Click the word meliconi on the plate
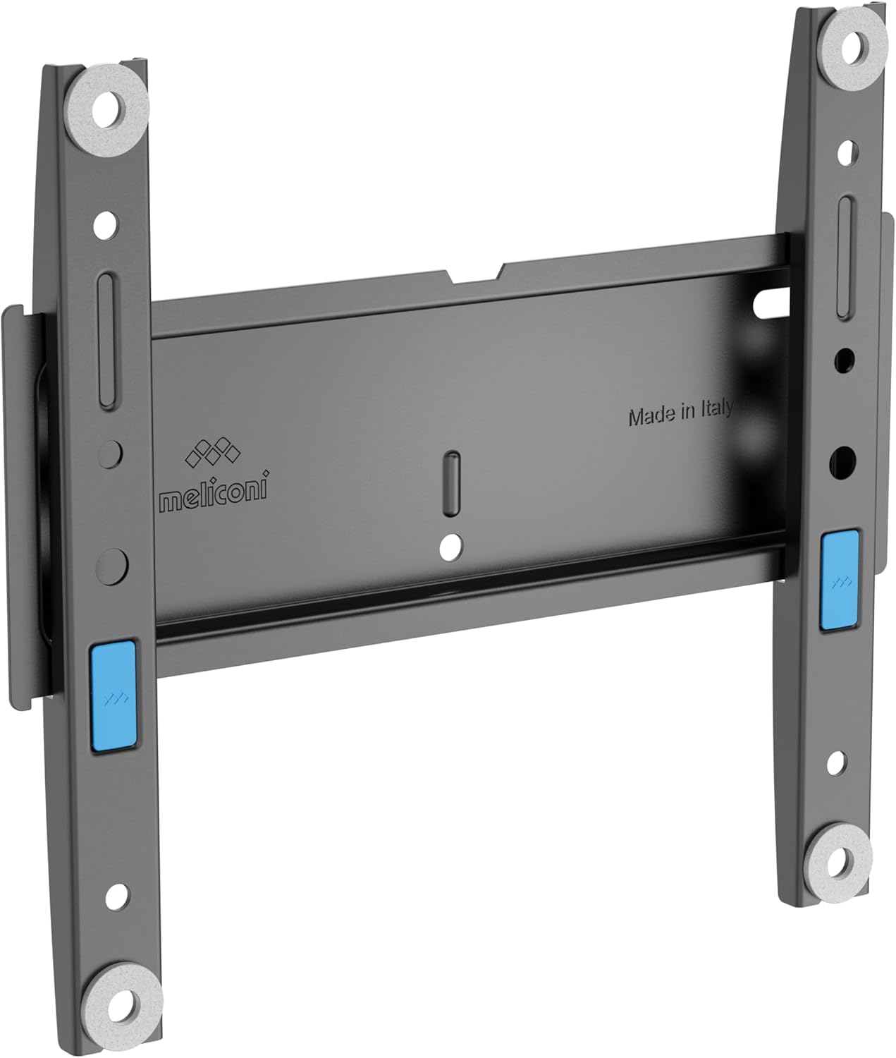click(212, 485)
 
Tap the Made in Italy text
click(680, 413)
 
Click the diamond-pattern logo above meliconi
click(212, 453)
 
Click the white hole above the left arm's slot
click(104, 225)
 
